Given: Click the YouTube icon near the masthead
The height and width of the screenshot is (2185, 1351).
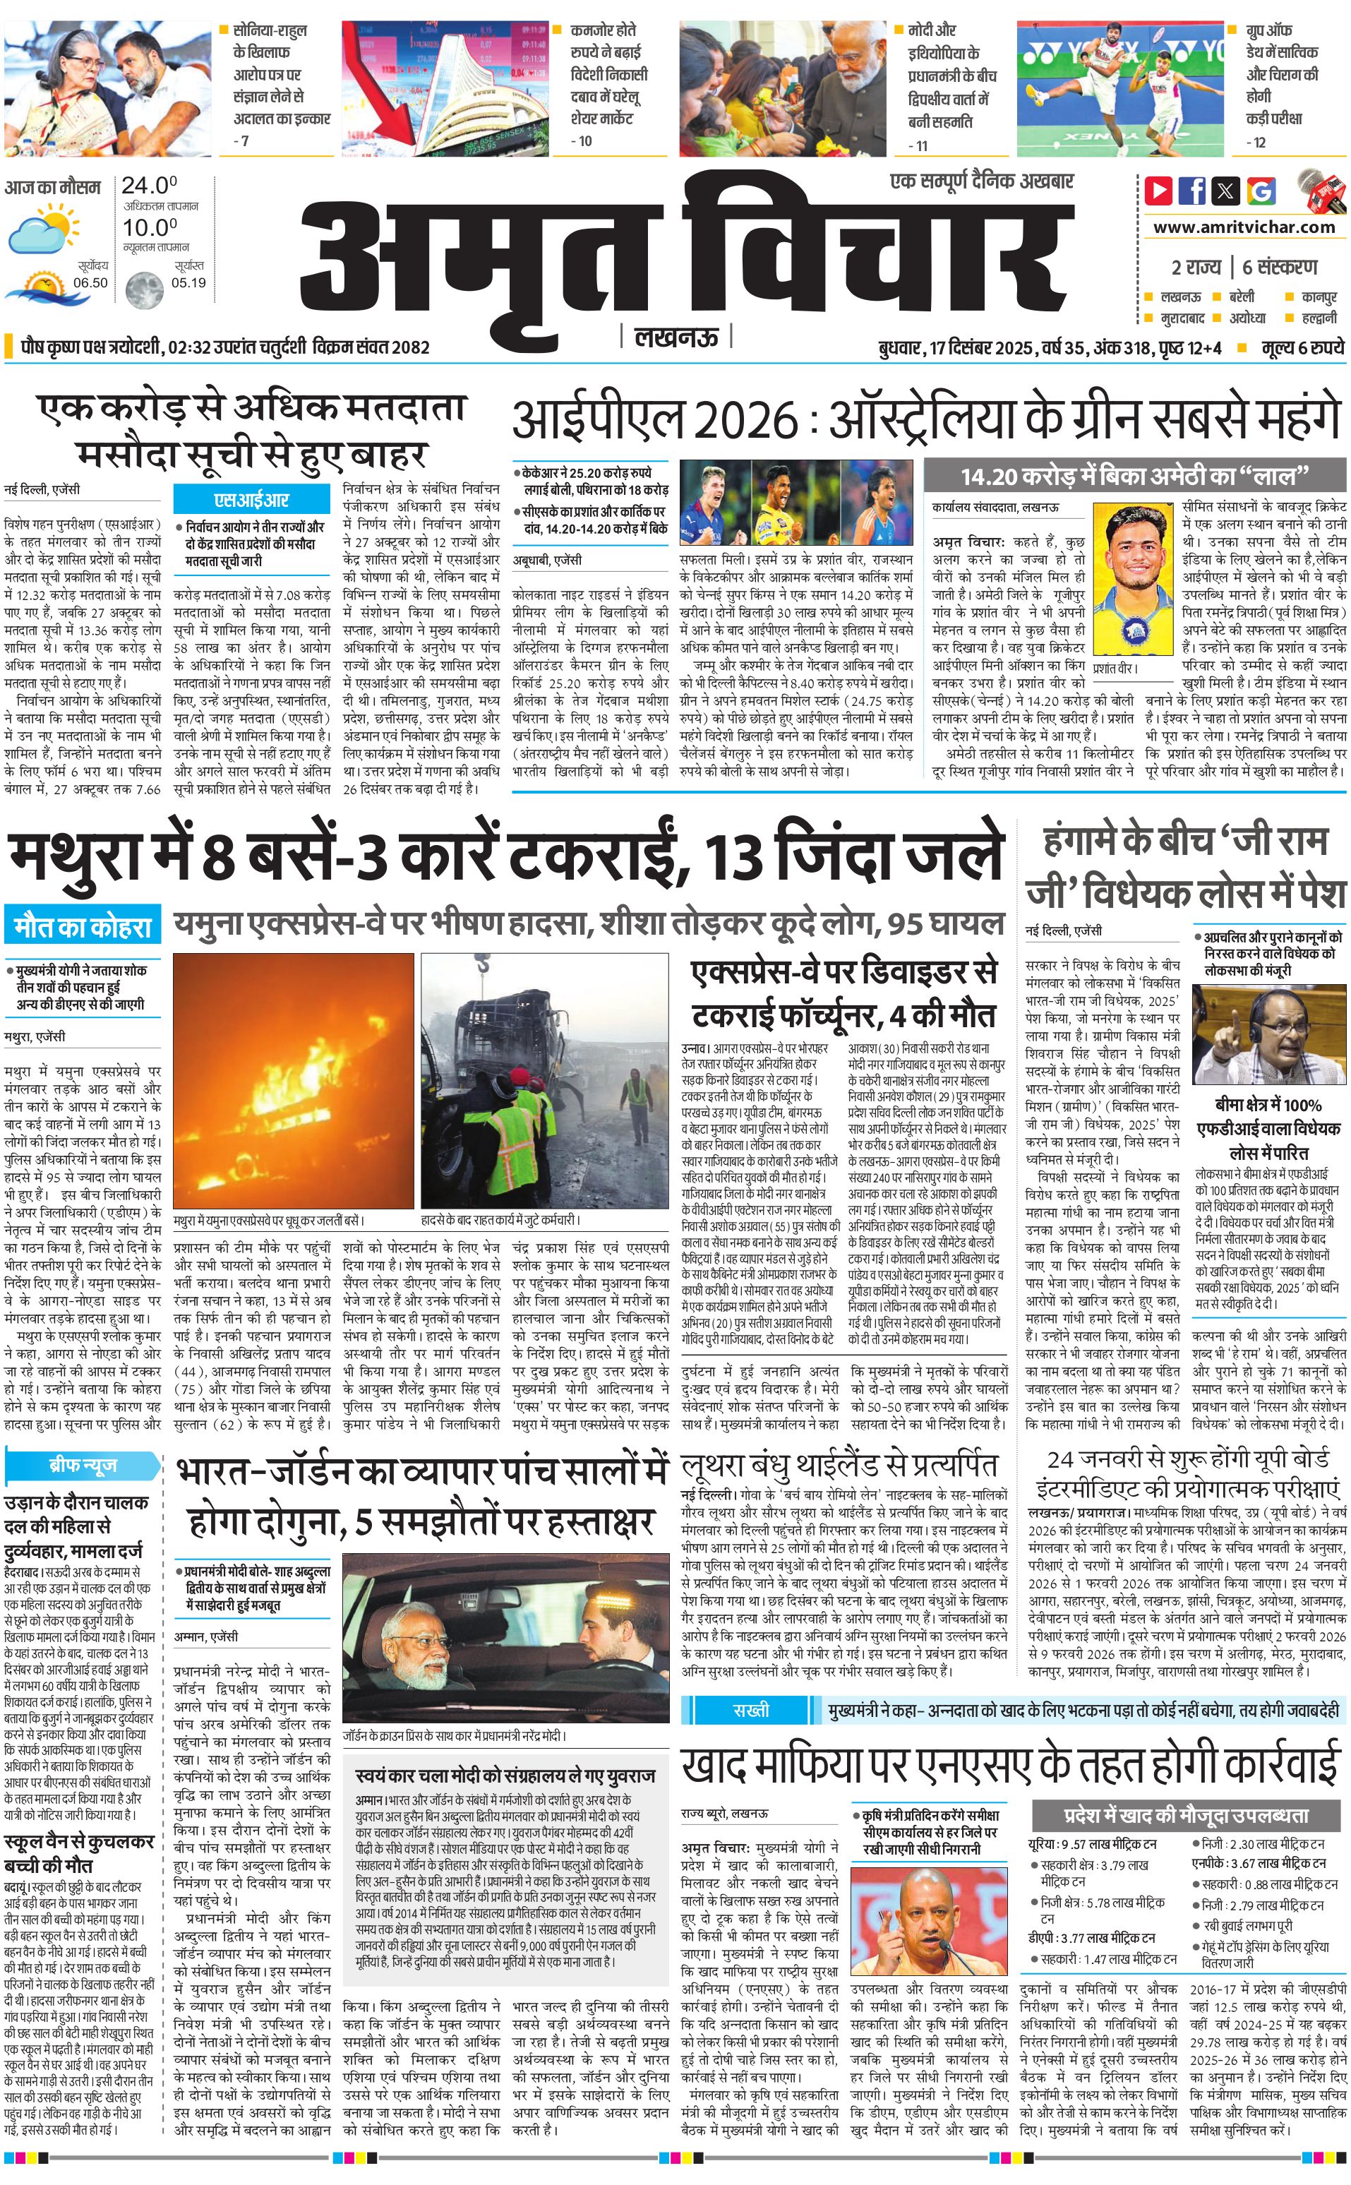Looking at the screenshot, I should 1159,191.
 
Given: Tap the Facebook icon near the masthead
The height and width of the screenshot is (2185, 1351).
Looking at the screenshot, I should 1192,191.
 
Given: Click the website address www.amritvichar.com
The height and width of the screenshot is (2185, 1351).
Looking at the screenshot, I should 1244,227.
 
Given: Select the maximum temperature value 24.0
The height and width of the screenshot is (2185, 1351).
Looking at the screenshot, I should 149,186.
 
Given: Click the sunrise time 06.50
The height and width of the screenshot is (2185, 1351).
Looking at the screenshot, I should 90,283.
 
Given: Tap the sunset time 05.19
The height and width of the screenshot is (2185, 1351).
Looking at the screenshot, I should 188,283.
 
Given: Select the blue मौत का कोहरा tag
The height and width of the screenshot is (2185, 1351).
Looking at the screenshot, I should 82,927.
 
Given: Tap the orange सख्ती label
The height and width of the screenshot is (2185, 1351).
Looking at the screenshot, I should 749,1711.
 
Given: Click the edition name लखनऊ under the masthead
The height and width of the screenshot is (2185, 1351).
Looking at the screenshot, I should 675,337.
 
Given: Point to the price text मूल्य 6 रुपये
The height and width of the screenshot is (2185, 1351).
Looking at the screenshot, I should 1302,347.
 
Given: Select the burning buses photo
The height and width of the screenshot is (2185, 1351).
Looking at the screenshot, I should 293,1080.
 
